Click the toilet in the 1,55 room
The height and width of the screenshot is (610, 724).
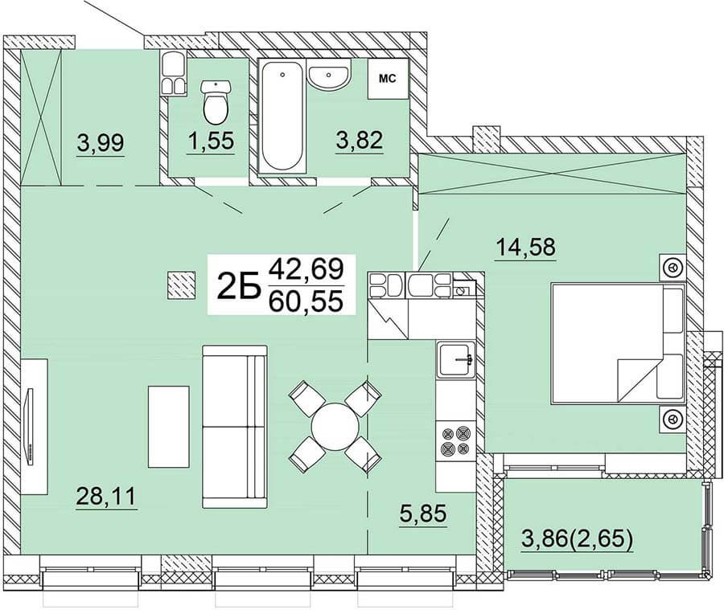(x=216, y=102)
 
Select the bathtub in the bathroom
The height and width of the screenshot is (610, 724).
(x=282, y=117)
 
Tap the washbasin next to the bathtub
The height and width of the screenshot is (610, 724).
(x=328, y=77)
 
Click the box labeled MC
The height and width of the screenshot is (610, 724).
(x=388, y=79)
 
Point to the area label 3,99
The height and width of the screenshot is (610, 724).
(x=101, y=142)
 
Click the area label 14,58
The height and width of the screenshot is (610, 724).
(x=525, y=247)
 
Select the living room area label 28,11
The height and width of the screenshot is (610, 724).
(x=105, y=497)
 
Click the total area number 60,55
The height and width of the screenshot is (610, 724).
(x=306, y=301)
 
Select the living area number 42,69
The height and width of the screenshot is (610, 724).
(x=306, y=269)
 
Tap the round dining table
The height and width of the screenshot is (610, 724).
(x=335, y=425)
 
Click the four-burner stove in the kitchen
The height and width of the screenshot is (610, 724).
(x=456, y=440)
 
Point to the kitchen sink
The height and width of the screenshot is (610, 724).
(x=456, y=359)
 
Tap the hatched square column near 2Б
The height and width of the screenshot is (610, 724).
(x=181, y=285)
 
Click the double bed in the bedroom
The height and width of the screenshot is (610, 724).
(x=618, y=343)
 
